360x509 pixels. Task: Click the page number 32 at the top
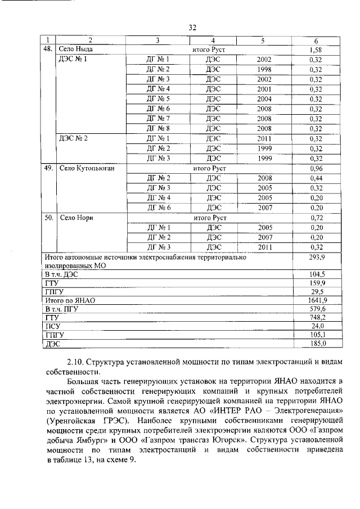pos(192,27)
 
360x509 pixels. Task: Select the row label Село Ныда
pos(76,49)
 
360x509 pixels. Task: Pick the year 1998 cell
pos(264,69)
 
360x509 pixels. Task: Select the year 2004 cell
pos(264,98)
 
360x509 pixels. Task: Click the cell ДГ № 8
pos(157,128)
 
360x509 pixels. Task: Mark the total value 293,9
pos(317,256)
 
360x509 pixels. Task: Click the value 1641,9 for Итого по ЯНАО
pos(317,300)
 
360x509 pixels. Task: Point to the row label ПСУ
pos(52,326)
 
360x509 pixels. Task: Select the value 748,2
pos(317,317)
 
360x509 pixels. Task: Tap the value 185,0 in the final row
pos(317,343)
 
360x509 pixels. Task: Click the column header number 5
pos(263,40)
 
